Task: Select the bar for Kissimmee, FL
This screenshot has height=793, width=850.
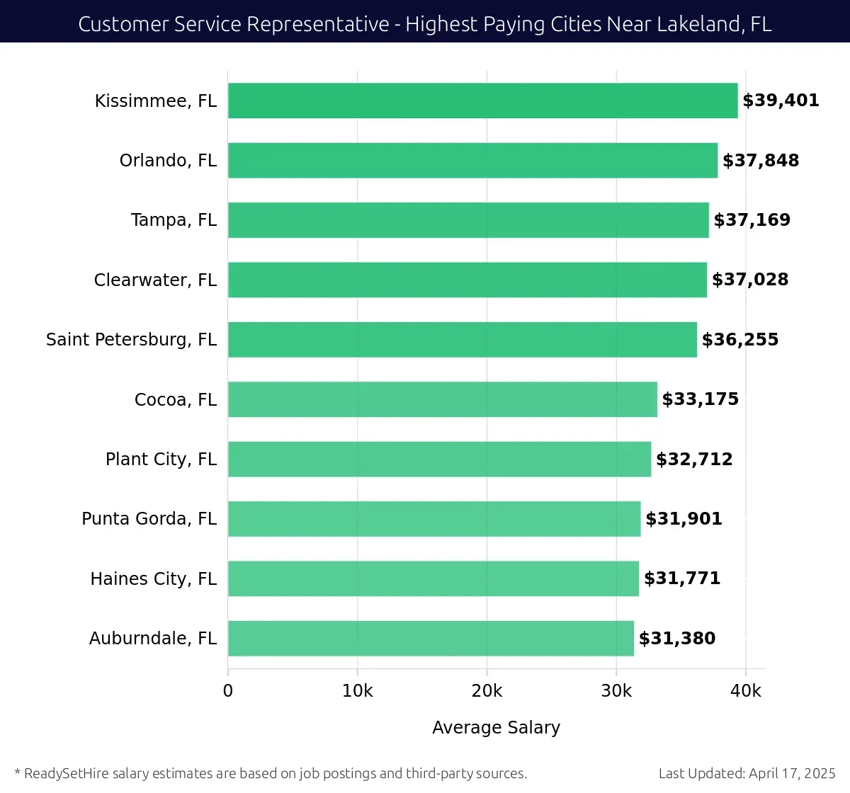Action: (x=482, y=101)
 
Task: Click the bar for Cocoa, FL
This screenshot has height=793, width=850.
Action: (x=442, y=399)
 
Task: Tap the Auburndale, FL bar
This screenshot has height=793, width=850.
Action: (x=431, y=638)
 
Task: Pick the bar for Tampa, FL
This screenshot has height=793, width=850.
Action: (x=467, y=220)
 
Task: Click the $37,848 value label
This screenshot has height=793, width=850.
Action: (x=760, y=161)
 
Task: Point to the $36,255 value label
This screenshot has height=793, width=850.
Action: (x=739, y=340)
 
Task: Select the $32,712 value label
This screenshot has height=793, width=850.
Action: (x=694, y=460)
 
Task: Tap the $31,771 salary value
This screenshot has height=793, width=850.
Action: (x=681, y=578)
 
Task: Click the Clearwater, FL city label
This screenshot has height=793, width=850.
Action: (x=155, y=280)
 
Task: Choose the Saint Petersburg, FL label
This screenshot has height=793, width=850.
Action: (x=131, y=340)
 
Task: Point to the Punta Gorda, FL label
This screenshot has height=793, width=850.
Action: (x=149, y=519)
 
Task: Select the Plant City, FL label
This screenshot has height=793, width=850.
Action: (x=161, y=460)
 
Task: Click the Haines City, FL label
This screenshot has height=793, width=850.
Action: (x=153, y=579)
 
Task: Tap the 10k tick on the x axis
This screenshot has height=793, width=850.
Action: (x=357, y=691)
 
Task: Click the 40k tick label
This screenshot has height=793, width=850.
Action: (x=746, y=691)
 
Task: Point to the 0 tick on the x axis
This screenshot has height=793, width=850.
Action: (x=228, y=691)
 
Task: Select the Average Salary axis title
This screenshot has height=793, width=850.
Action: (x=496, y=727)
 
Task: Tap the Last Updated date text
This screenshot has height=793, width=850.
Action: (x=747, y=773)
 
